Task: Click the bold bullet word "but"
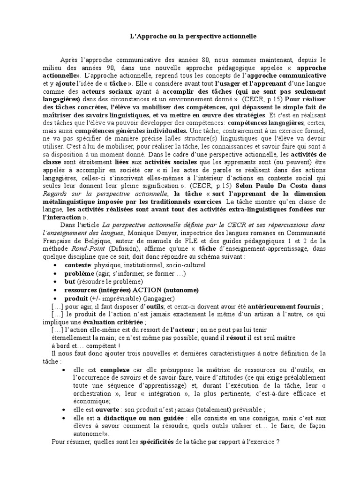point(70,281)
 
